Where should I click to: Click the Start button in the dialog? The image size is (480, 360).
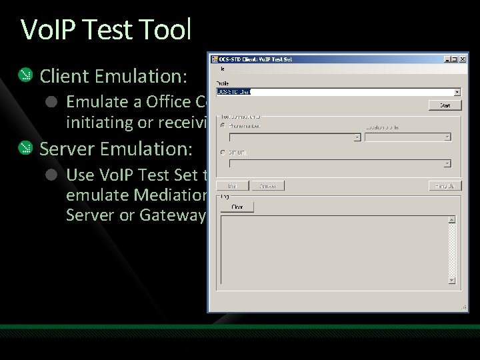(445, 105)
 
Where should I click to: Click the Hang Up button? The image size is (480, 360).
(445, 186)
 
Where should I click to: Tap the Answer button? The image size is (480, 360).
(268, 186)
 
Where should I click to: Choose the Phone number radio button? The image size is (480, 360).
(223, 126)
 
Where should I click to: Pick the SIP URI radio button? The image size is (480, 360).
(223, 153)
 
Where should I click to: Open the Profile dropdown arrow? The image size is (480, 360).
(457, 93)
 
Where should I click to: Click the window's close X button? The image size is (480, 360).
(463, 59)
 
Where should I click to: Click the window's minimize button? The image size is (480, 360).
(447, 59)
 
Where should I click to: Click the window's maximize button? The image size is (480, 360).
(455, 59)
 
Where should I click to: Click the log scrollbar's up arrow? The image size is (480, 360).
(452, 219)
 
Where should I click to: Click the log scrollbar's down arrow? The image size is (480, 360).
(452, 281)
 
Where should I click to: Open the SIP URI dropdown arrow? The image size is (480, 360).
(447, 163)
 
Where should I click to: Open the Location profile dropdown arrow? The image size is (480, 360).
(447, 137)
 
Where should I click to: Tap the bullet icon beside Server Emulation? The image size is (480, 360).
(25, 147)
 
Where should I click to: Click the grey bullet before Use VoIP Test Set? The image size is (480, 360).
(51, 175)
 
